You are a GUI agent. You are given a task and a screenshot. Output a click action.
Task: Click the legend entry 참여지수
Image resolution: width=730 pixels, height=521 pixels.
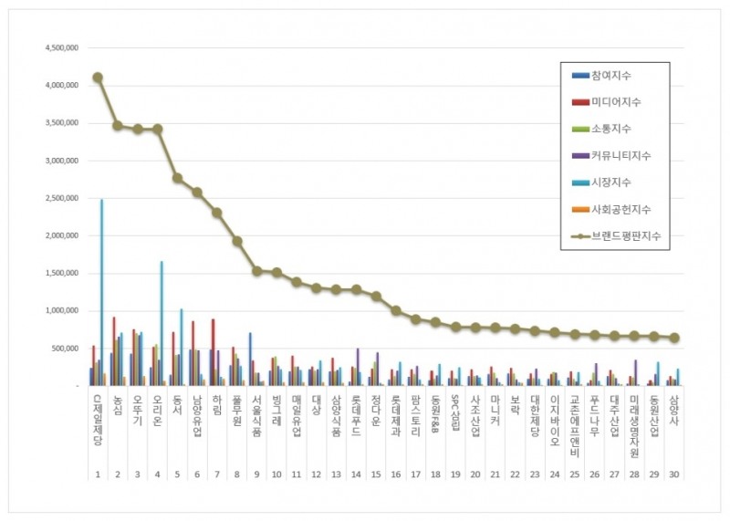click(x=615, y=75)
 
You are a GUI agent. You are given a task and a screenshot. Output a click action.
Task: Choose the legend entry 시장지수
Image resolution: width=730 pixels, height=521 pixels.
click(x=615, y=182)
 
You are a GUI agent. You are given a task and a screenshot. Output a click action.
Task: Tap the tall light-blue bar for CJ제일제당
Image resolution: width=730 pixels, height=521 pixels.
click(x=101, y=292)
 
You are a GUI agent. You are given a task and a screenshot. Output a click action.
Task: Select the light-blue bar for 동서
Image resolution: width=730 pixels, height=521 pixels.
click(x=182, y=348)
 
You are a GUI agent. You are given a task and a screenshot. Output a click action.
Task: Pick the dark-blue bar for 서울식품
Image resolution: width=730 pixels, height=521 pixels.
click(x=250, y=359)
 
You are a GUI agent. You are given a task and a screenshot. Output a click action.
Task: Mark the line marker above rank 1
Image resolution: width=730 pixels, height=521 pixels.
click(x=98, y=78)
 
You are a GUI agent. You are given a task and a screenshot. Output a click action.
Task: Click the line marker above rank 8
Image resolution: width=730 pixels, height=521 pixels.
click(x=237, y=241)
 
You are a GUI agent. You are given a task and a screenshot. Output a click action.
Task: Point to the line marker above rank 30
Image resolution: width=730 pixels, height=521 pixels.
click(x=674, y=338)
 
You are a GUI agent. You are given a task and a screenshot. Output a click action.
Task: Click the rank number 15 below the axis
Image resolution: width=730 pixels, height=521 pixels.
click(x=376, y=474)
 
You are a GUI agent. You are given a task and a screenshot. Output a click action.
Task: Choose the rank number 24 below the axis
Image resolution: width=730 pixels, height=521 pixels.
click(x=555, y=474)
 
